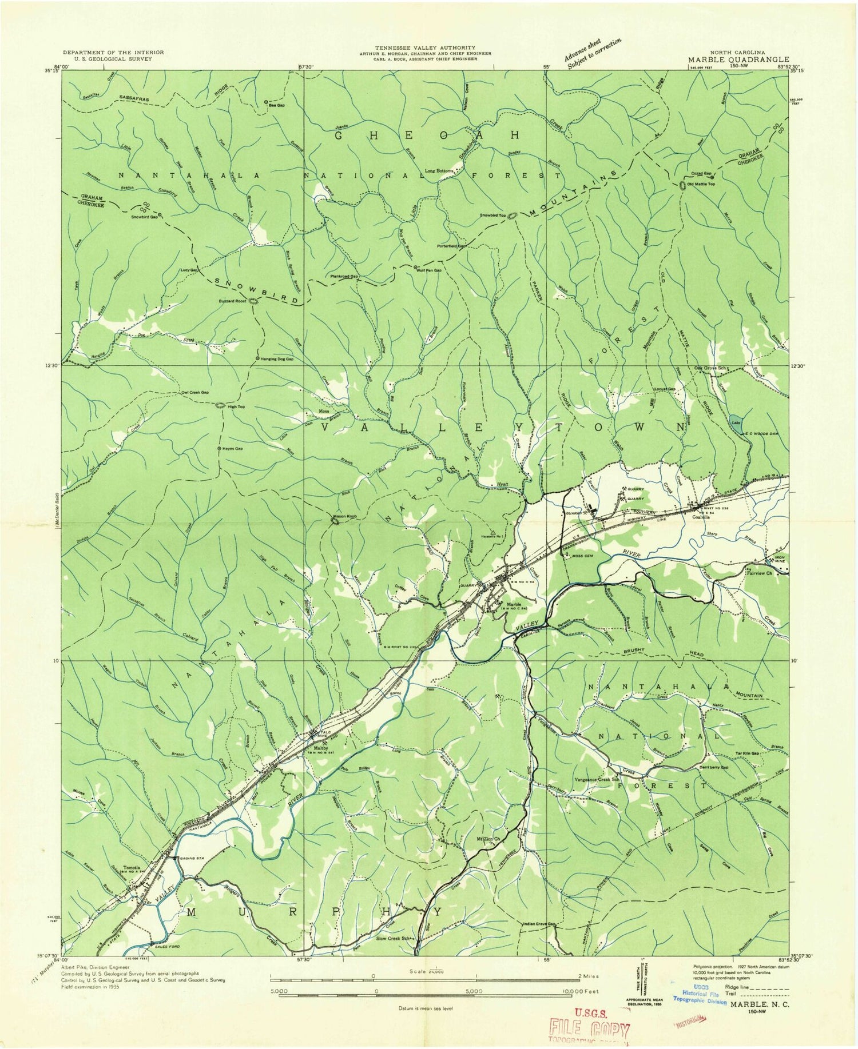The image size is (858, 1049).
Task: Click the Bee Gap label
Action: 277,105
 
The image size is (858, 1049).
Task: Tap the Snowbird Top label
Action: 493,216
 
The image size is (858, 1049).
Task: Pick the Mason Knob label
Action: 345,516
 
